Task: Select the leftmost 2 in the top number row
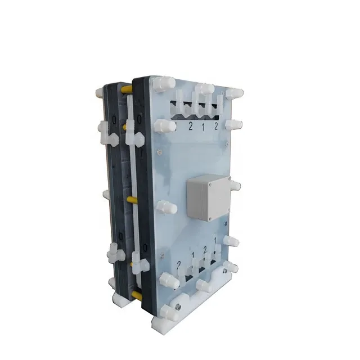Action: (191, 127)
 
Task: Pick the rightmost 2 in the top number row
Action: (217, 127)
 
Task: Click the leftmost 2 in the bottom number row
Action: (179, 264)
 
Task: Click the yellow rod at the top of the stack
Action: (127, 89)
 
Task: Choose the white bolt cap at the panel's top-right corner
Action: (234, 93)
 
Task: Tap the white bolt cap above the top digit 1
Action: (204, 89)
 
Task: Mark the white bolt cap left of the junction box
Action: (164, 208)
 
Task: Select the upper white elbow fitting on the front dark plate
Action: (134, 137)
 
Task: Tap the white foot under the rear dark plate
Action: (120, 300)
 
